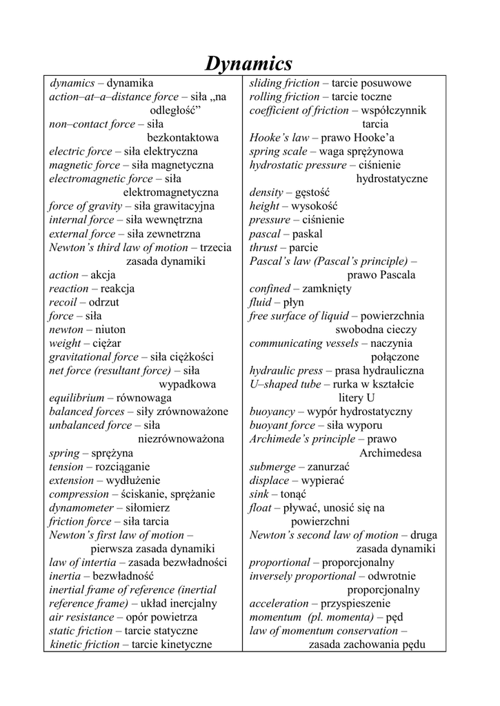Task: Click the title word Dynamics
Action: [x=249, y=64]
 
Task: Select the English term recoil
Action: [x=64, y=303]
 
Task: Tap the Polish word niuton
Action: [x=110, y=330]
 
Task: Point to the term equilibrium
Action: [x=77, y=398]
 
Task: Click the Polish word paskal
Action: [x=308, y=234]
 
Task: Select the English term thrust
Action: [x=263, y=248]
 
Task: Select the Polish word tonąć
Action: [x=294, y=494]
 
